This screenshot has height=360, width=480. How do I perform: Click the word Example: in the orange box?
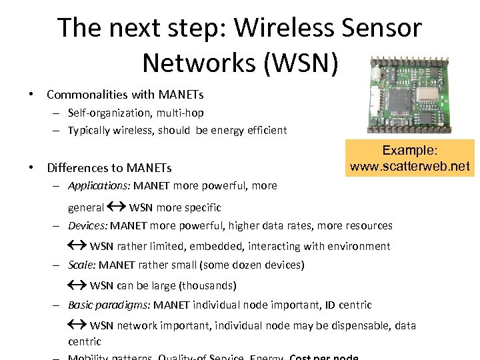click(409, 151)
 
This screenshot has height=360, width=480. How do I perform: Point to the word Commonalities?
click(87, 95)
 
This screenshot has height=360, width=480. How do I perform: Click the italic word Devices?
click(88, 226)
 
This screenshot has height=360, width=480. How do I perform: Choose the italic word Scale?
click(82, 265)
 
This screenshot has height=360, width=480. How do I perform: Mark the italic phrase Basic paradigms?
click(109, 305)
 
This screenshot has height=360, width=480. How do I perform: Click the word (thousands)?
click(207, 285)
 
